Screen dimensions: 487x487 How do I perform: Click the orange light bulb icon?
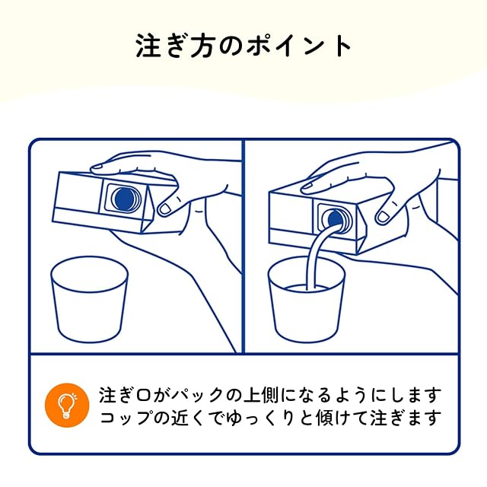pos(67,405)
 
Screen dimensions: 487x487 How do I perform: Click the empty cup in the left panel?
pos(89,299)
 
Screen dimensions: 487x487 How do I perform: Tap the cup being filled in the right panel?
pos(307,299)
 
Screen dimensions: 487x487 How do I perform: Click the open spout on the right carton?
pos(336,218)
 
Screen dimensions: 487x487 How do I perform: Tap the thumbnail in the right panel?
pos(382,216)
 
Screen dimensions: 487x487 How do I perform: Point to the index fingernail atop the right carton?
pos(307,186)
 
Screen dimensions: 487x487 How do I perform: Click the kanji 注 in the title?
pos(148,46)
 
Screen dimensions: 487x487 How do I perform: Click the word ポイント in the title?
pos(298,46)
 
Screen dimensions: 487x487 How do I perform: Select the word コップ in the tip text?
pos(126,418)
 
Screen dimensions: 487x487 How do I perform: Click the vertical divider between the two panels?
pos(243,246)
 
